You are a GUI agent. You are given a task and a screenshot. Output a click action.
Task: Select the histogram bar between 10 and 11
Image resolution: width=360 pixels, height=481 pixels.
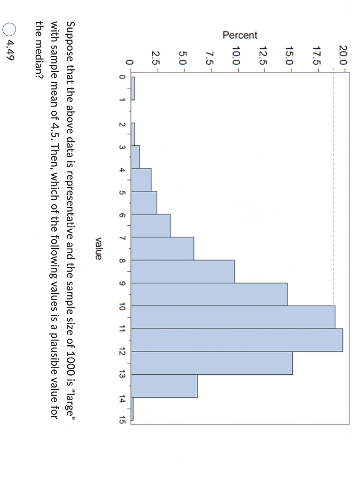point(233,317)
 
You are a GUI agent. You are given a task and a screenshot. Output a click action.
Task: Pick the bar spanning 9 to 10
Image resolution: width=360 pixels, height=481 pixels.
point(209,295)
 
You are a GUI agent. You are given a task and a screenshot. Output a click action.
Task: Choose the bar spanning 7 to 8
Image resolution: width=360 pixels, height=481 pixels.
point(162,248)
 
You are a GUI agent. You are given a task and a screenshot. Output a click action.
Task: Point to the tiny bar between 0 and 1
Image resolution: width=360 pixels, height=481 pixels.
point(133,88)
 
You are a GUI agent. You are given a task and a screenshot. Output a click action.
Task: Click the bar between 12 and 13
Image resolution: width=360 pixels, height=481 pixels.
point(211,363)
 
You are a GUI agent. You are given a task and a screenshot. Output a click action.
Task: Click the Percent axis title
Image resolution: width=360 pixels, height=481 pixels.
point(240,35)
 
